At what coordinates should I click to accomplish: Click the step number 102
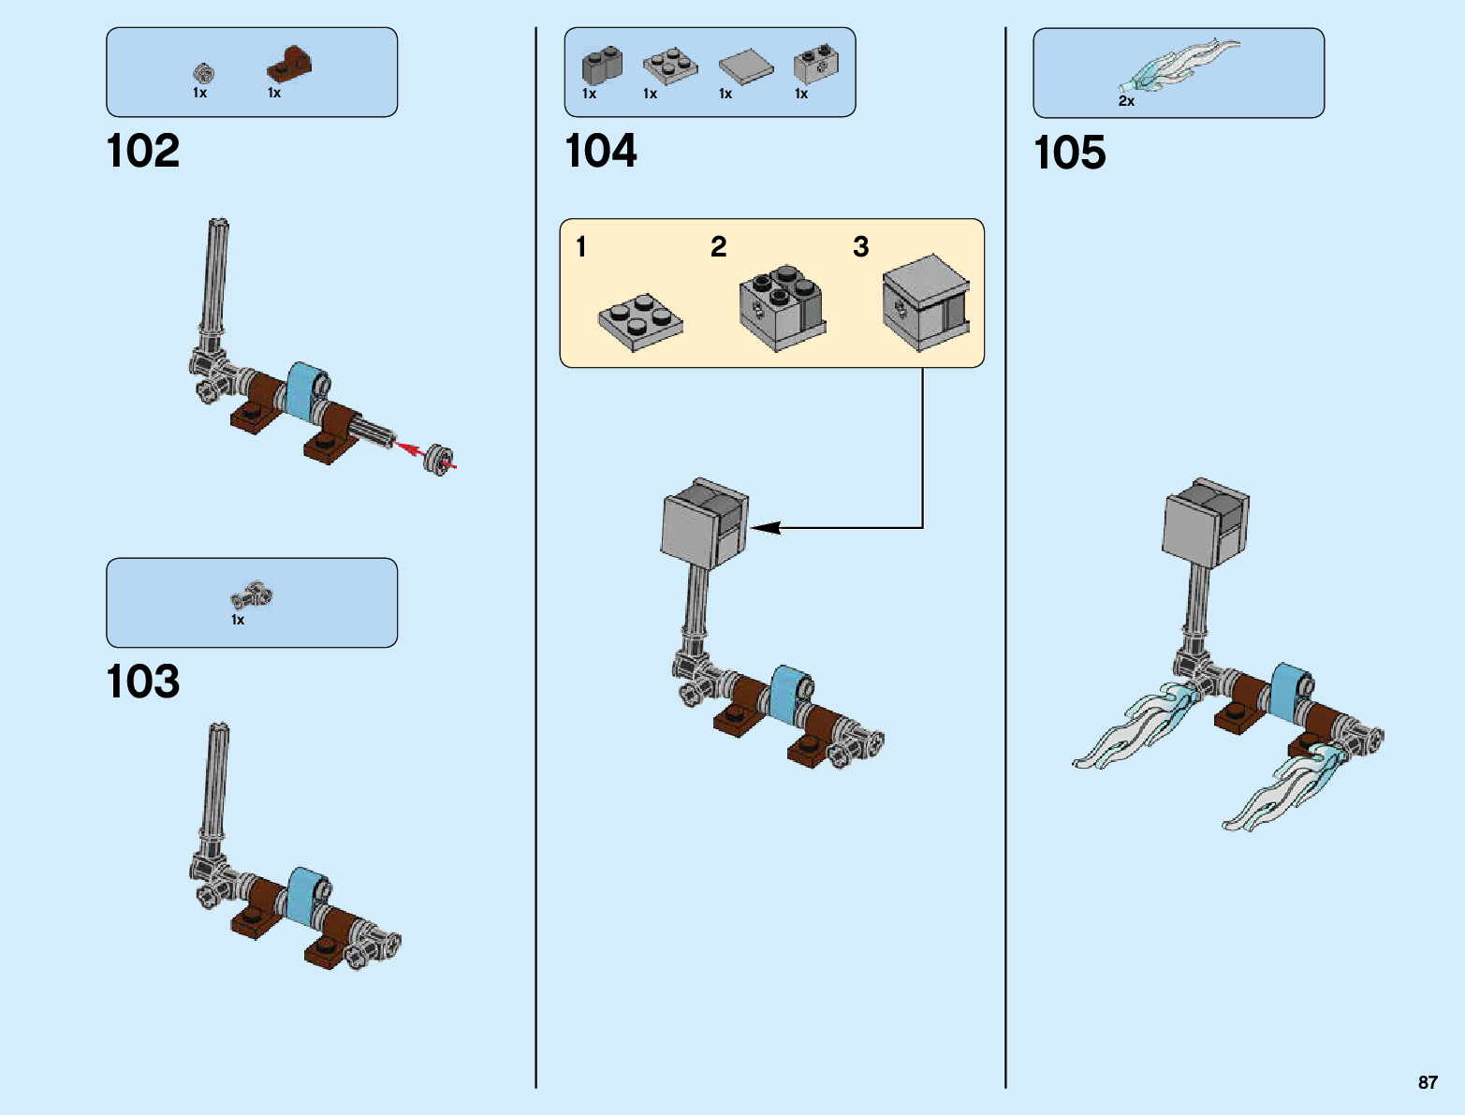143,151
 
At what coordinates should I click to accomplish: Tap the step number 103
143,682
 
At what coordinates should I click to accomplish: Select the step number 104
601,151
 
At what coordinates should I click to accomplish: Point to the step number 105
1069,153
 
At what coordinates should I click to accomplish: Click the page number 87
1428,1081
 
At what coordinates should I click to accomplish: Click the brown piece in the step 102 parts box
289,64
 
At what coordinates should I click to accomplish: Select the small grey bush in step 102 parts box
203,73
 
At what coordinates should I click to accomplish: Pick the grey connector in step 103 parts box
252,594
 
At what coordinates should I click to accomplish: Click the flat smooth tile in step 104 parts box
746,66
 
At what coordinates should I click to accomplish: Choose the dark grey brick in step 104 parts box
602,66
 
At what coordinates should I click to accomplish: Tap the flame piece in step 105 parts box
1179,65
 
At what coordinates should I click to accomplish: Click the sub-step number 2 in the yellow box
718,247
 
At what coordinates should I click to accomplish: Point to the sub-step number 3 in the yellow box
861,247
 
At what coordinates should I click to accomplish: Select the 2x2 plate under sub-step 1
640,322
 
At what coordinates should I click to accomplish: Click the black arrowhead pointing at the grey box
765,528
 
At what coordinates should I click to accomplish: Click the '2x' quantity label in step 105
1126,101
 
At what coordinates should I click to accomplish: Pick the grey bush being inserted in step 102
438,460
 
